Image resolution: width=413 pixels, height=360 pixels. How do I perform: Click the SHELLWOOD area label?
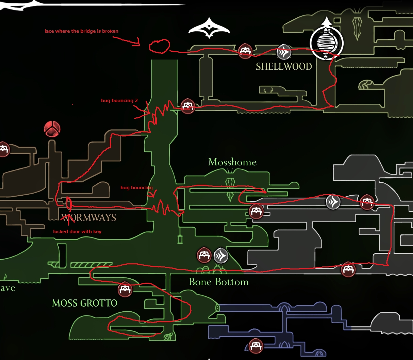click(x=284, y=66)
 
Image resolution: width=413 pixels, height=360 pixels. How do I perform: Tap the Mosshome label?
click(x=232, y=162)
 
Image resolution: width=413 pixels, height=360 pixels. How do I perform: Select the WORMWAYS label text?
click(x=89, y=217)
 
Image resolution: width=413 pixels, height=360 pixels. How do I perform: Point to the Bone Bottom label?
click(x=219, y=282)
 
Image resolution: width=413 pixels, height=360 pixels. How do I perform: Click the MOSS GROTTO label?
click(x=84, y=303)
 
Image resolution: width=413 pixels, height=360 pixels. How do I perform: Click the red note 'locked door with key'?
click(x=77, y=232)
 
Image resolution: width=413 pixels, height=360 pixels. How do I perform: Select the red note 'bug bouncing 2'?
click(x=119, y=101)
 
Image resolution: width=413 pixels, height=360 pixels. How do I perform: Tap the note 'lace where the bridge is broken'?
click(x=81, y=31)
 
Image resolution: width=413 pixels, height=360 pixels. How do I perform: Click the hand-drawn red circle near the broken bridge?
click(x=159, y=46)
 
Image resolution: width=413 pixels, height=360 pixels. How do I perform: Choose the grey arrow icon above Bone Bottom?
click(x=221, y=255)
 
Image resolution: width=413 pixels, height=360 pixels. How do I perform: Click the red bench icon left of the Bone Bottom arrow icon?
click(x=204, y=255)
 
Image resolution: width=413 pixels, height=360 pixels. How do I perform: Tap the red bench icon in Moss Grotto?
click(x=125, y=290)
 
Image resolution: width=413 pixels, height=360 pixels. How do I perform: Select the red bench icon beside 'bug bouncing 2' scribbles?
click(x=187, y=106)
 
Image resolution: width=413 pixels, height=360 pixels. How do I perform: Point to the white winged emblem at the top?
click(x=209, y=28)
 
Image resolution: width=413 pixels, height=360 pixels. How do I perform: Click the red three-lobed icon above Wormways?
click(x=52, y=129)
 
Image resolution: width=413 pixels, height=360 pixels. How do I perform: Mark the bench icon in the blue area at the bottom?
click(x=255, y=346)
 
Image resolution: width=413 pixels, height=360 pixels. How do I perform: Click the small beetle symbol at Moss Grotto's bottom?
click(x=168, y=337)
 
